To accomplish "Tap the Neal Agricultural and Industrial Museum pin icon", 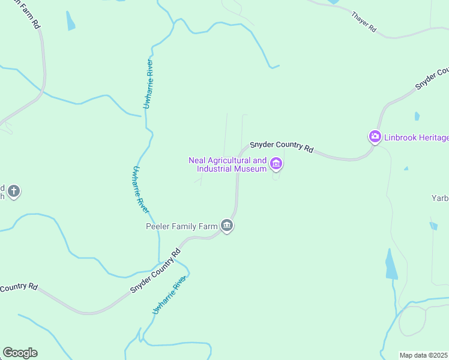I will click(x=276, y=163).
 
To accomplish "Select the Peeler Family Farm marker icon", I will click(x=227, y=226).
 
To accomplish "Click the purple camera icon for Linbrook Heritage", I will click(x=375, y=137).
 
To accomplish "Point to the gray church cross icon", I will click(x=14, y=192).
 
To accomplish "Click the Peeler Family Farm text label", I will click(x=181, y=226).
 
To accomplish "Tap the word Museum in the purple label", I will click(x=250, y=169).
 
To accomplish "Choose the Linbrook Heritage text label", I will click(x=417, y=137).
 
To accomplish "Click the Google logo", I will click(x=20, y=353).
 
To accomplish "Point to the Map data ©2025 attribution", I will click(x=423, y=355).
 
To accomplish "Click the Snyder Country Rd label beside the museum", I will click(x=281, y=146).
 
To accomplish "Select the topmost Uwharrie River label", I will click(x=148, y=84).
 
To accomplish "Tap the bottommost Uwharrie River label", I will click(x=170, y=295).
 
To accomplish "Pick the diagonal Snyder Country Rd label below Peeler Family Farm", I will click(x=155, y=271).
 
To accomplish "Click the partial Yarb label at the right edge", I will click(x=440, y=197).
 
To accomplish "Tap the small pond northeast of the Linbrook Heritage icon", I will click(x=417, y=116).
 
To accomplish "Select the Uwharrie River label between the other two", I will click(x=140, y=189).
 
